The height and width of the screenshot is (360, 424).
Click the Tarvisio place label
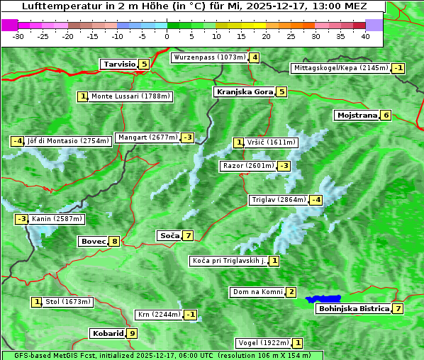tap(119, 64)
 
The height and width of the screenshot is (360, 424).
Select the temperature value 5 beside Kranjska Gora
tap(281, 92)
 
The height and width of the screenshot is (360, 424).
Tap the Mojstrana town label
tap(357, 116)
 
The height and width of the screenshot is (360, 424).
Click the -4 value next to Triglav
tap(316, 200)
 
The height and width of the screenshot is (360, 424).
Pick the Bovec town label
tap(93, 242)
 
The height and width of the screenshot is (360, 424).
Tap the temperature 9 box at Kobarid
tap(132, 333)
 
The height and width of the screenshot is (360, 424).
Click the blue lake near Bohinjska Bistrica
tap(323, 300)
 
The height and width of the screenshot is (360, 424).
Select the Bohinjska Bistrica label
tap(354, 309)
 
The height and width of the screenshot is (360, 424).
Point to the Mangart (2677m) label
tap(147, 137)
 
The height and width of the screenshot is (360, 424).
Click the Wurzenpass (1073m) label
tap(210, 57)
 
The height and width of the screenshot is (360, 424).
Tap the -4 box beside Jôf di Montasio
tap(17, 141)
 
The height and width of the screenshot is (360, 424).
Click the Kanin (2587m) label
tap(57, 220)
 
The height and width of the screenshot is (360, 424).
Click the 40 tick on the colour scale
tap(365, 35)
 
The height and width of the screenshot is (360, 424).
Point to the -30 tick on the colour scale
tap(18, 35)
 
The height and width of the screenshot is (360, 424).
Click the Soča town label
tap(169, 235)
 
